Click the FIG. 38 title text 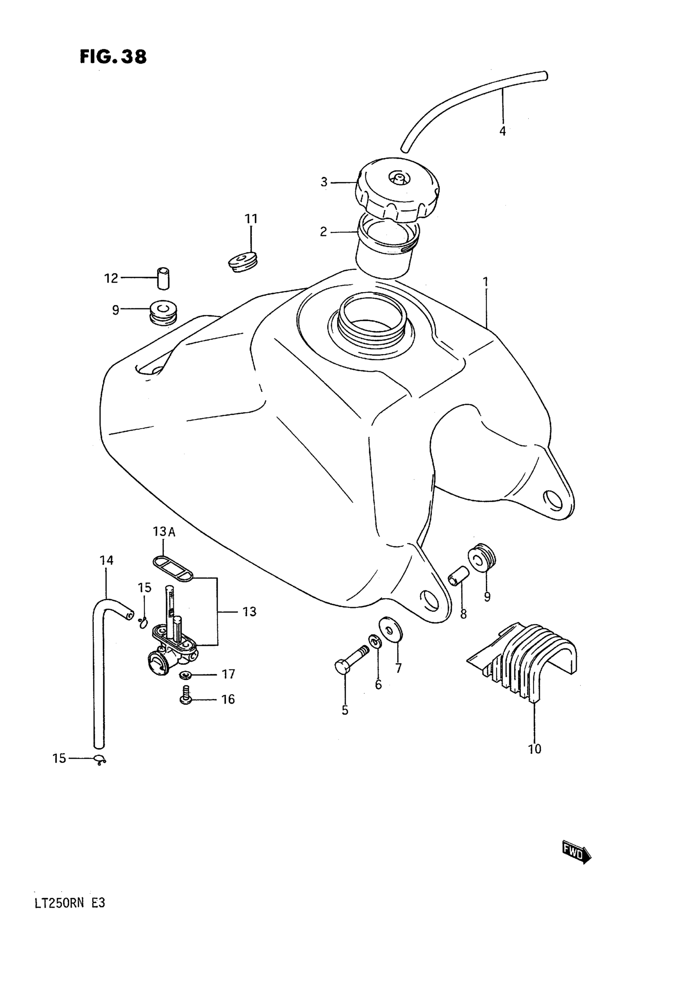[x=113, y=56]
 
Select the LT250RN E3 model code [x=70, y=904]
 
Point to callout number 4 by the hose [x=502, y=131]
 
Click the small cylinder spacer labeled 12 [x=163, y=278]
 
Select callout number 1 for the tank [x=486, y=282]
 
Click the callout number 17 [x=228, y=674]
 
